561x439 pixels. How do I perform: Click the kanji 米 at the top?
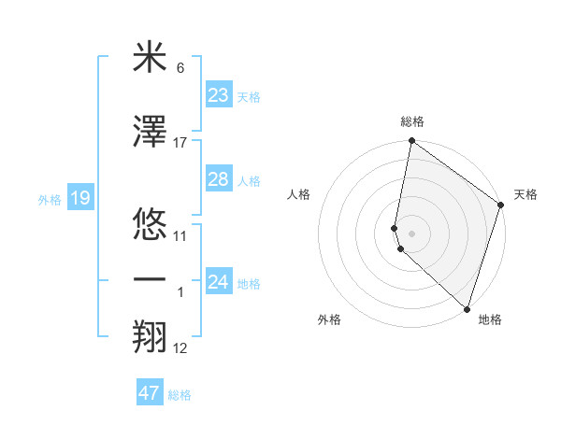pos(150,58)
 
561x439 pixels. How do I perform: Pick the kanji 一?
pos(150,278)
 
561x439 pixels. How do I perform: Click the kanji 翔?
pos(150,336)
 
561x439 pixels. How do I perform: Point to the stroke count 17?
pos(180,142)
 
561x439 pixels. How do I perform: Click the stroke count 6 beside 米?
pos(180,68)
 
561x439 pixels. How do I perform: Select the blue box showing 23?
pos(218,95)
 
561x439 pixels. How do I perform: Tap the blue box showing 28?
pos(218,179)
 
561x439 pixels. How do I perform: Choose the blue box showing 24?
pos(218,282)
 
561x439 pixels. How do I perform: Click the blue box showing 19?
pos(79,198)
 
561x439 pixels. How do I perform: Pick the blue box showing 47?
pos(150,393)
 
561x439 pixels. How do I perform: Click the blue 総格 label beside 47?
pos(180,395)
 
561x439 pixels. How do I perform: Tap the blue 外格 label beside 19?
pos(50,199)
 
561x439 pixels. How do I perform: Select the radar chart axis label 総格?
pos(412,122)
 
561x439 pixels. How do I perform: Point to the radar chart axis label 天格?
pos(525,194)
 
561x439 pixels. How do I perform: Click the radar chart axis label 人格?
pos(298,194)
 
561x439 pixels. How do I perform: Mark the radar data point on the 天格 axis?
pos(501,205)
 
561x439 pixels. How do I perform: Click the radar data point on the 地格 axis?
pos(467,309)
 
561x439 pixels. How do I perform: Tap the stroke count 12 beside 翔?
pos(180,348)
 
